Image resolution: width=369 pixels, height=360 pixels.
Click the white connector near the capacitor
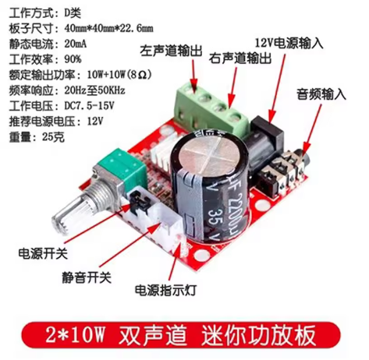point(156,224)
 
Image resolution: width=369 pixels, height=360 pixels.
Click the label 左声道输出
point(171,51)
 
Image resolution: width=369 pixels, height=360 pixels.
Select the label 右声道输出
point(240,58)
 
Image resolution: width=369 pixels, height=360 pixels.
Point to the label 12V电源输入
point(289,43)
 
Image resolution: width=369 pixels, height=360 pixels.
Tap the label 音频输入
point(321,94)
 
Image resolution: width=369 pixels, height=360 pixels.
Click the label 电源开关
point(43,253)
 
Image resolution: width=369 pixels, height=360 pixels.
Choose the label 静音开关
point(87,277)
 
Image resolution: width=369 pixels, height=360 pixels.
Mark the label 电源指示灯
point(165,290)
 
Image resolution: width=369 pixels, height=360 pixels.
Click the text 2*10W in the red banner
point(75,335)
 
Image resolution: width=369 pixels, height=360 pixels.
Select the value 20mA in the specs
point(76,44)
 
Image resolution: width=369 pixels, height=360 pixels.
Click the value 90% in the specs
point(73,59)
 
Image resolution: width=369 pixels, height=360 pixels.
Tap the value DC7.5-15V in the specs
point(89,106)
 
